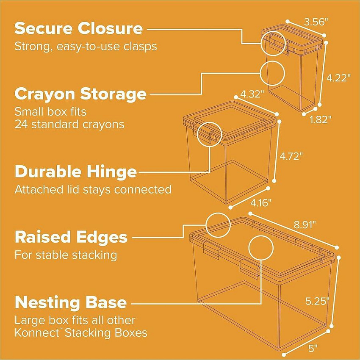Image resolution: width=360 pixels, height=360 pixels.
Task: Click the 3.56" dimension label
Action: coord(315,22)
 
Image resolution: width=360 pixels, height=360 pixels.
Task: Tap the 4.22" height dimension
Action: coord(339,78)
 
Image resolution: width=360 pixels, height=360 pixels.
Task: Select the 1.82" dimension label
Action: coord(321,119)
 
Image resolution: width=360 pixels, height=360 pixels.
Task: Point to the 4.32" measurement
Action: coord(252,94)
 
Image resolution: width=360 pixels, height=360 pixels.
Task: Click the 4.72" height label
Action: coord(291,156)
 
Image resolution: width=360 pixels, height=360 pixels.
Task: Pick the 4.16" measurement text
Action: coord(261,203)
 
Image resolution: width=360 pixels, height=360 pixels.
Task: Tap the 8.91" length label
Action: coord(305,225)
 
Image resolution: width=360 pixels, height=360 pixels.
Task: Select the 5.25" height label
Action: coord(317,301)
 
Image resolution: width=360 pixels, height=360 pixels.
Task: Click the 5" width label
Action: coord(313,348)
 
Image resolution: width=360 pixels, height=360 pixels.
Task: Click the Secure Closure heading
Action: coord(78,28)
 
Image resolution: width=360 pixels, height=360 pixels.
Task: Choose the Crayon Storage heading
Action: coord(80,94)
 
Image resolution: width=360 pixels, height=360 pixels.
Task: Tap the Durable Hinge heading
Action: coord(76,172)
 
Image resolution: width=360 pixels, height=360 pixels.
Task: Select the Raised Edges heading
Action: coord(71,237)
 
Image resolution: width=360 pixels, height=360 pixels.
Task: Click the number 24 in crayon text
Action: coord(21,125)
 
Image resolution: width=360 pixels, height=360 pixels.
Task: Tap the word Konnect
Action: coord(37,332)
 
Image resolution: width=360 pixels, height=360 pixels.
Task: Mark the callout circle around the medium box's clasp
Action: coord(210,134)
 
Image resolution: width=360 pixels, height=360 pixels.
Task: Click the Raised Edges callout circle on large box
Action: coord(218,225)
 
